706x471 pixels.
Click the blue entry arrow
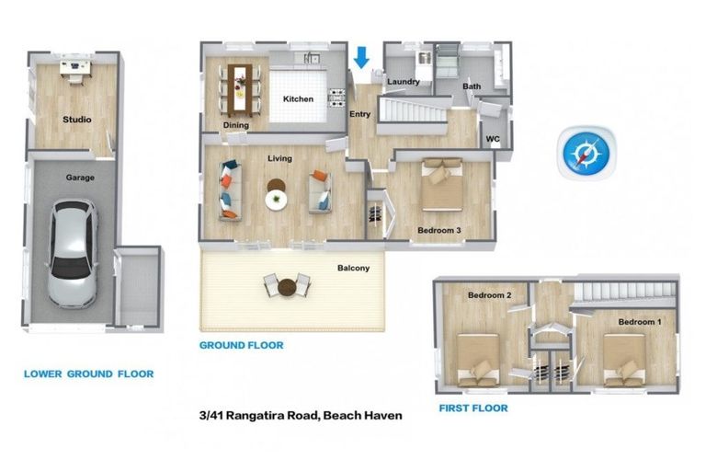point(361,56)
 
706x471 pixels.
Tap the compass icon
point(585,152)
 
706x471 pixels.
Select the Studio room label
point(77,120)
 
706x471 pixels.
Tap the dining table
point(241,84)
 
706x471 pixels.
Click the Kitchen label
point(298,99)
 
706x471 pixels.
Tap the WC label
point(493,140)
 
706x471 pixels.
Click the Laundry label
point(404,82)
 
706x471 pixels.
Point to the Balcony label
point(353,269)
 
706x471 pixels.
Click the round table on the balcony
point(287,287)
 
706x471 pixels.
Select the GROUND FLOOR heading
point(241,346)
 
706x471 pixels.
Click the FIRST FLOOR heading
point(473,408)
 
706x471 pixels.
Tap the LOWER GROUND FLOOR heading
point(88,374)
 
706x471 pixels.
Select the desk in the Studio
point(74,66)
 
